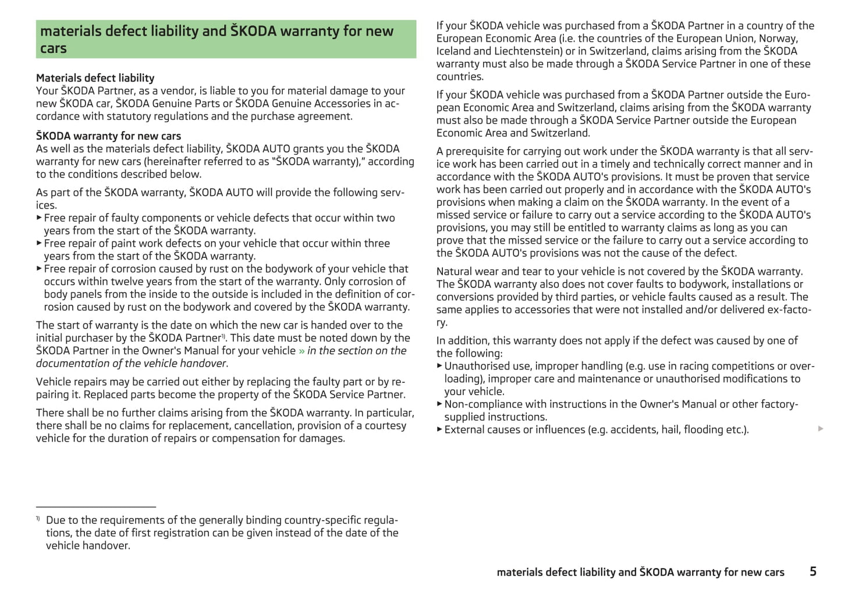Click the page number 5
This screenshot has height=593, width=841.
(812, 571)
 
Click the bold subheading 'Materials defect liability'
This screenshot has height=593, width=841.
(95, 78)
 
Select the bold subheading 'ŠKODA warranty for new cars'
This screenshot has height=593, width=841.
(108, 136)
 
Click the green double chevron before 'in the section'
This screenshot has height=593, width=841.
(301, 351)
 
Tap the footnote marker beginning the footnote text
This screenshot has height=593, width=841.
(38, 518)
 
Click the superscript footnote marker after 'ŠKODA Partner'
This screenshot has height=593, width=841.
(223, 336)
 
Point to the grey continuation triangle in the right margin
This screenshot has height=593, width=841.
(821, 429)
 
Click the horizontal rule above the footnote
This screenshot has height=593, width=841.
(96, 507)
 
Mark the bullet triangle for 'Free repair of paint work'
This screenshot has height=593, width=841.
(39, 243)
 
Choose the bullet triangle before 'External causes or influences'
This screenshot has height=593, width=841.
(439, 429)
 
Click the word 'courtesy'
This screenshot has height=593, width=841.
(385, 426)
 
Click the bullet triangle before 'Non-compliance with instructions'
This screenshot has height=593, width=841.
(439, 404)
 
